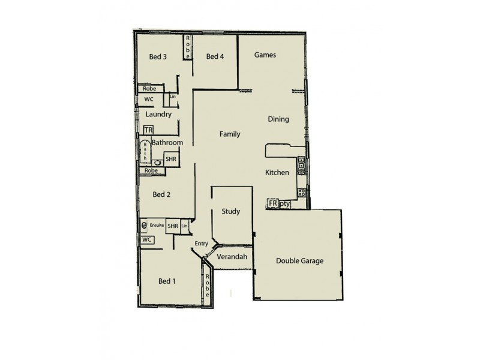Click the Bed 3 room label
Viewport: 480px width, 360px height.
point(158,57)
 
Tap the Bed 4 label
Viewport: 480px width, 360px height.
point(215,57)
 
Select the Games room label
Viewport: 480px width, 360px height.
point(265,55)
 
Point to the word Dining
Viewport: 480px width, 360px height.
point(278,119)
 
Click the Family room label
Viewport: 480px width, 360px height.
point(230,134)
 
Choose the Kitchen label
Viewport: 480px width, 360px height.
point(277,173)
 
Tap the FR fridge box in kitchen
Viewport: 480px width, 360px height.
point(273,204)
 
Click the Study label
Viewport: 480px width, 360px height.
point(231,212)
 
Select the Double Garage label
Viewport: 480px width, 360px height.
point(300,261)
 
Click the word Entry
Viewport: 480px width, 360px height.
point(202,243)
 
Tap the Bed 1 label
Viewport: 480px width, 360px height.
point(167,281)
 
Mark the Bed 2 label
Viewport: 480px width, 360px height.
point(162,194)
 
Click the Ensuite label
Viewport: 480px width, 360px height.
point(157,226)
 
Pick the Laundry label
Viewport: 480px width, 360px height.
point(158,114)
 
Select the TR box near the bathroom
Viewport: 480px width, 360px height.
point(148,130)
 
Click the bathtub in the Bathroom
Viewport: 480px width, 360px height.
point(145,153)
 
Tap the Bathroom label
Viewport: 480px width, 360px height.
point(167,143)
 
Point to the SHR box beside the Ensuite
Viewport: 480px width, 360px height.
point(173,226)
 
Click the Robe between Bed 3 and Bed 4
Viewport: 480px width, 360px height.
point(188,46)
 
